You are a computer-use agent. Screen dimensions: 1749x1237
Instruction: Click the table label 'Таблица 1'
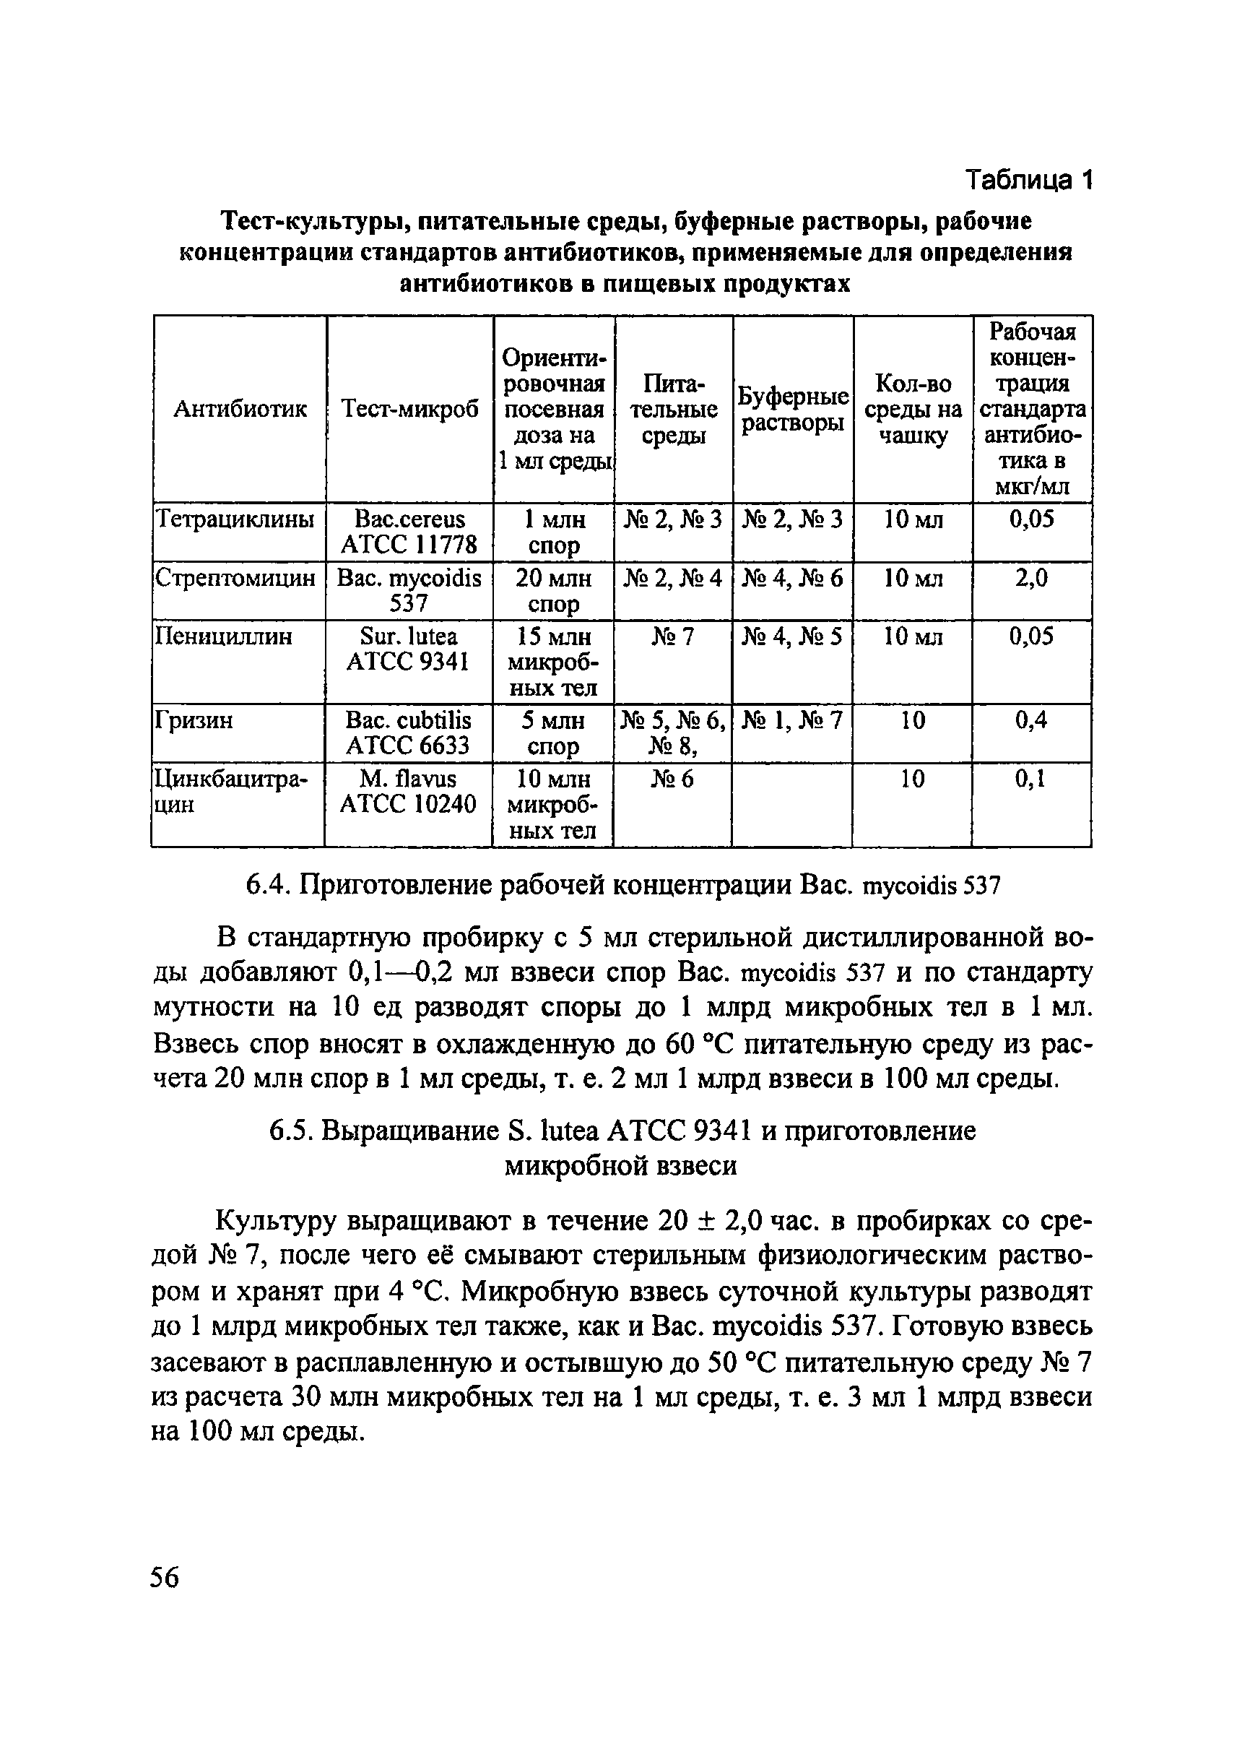point(1029,181)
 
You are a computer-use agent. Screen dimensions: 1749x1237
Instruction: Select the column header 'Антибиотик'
point(240,409)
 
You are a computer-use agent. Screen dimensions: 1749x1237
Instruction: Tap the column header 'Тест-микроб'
point(409,409)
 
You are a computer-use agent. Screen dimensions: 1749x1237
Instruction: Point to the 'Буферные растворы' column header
point(793,409)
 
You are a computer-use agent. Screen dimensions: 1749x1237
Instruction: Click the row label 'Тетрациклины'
point(235,519)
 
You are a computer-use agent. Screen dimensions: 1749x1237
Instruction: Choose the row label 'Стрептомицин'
point(235,579)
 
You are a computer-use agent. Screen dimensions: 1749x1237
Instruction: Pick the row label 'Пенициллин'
point(224,636)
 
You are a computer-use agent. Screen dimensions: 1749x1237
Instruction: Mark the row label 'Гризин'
point(194,720)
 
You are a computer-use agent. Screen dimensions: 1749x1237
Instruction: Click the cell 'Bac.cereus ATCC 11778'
point(409,532)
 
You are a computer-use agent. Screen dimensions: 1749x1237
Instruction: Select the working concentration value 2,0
point(1031,579)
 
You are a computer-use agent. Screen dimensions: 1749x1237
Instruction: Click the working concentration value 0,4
point(1031,720)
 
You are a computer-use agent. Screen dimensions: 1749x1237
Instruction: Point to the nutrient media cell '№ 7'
point(673,636)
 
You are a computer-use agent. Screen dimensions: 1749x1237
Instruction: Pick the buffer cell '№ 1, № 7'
point(793,720)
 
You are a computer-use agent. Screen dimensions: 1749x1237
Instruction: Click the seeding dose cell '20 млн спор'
point(554,591)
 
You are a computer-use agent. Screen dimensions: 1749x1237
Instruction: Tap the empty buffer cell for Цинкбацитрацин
point(792,804)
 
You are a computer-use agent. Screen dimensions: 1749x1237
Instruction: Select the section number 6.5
point(290,1131)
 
